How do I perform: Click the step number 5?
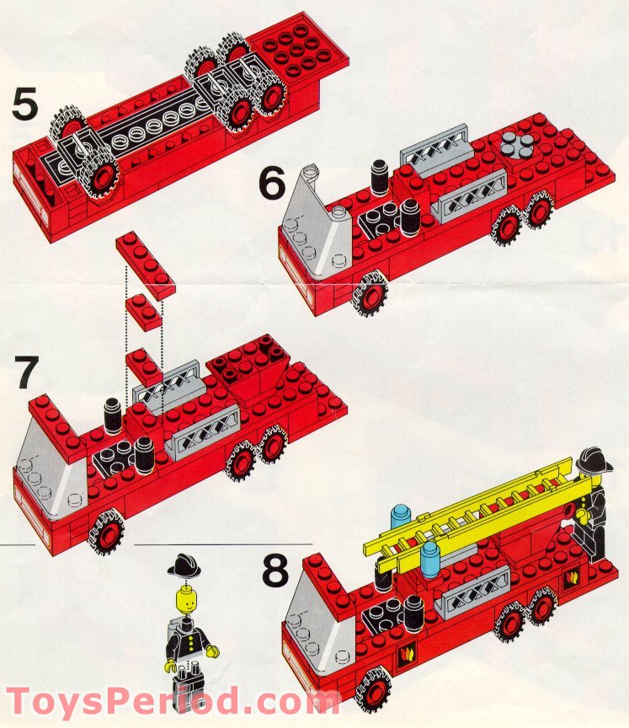tap(24, 104)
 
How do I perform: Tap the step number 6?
tap(271, 184)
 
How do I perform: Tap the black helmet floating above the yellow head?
tap(182, 565)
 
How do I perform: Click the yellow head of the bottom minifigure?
tap(183, 601)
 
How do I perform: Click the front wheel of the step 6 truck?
tap(369, 294)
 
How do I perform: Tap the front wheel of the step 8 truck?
tap(373, 687)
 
